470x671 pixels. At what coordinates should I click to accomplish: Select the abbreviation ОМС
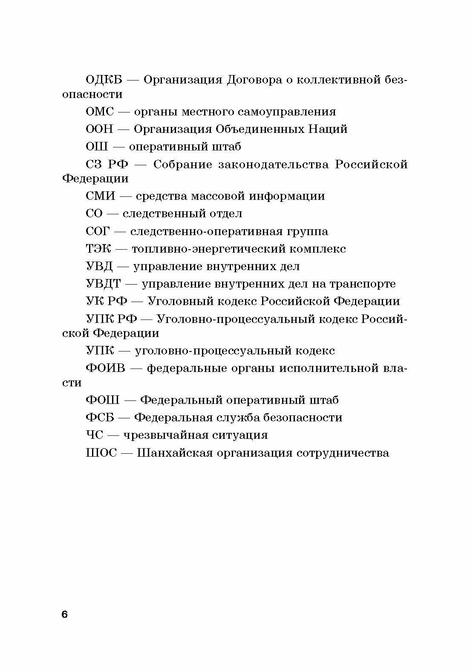coord(100,112)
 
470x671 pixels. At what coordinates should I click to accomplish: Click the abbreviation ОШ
coord(97,147)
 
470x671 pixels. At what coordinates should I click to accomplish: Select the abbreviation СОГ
coord(98,231)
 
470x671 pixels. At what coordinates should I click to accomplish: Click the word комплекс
coord(318,249)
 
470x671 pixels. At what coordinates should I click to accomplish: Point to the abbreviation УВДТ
coord(104,284)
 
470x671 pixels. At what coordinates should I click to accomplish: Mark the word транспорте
coord(361,284)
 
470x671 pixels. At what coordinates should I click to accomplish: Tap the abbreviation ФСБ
coord(100,418)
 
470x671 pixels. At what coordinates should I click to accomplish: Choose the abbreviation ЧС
coord(95,435)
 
